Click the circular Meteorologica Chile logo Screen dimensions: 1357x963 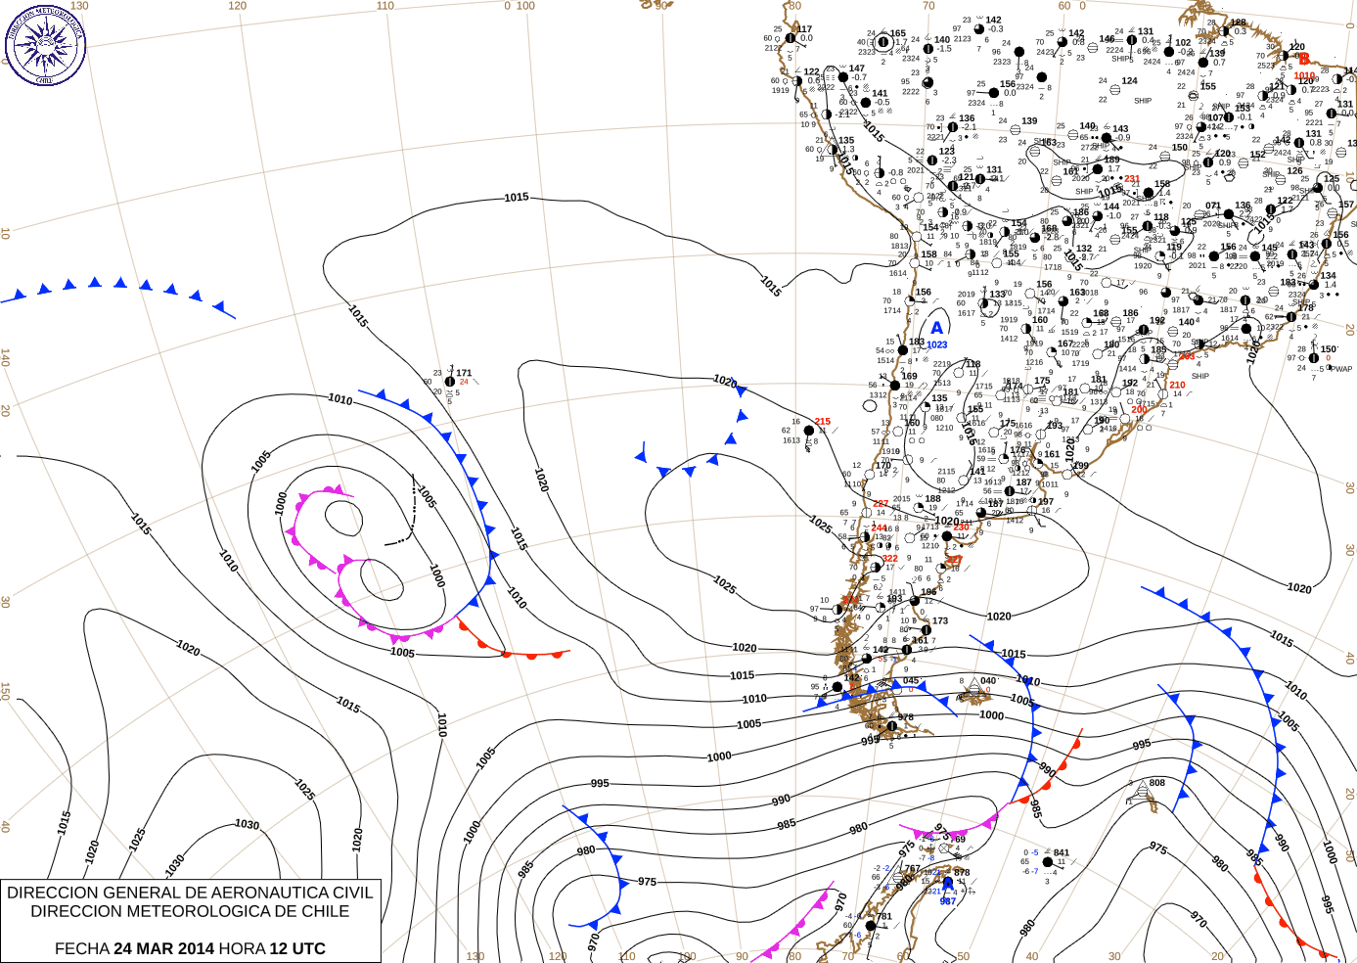pos(45,45)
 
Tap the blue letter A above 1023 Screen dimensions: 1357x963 pos(936,329)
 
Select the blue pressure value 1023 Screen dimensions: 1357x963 pos(937,344)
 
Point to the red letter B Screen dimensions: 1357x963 pos(1303,60)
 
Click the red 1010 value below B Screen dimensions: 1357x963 pos(1304,75)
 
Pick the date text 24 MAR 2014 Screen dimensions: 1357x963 pos(163,948)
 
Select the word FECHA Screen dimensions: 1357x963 pos(82,948)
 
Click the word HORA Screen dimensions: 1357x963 pos(242,948)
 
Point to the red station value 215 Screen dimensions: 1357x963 pos(823,422)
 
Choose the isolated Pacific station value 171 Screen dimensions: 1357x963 pos(464,373)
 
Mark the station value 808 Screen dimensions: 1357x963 pos(1157,783)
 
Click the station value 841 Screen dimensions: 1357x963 pos(1062,853)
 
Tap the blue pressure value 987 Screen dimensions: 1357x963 pos(947,901)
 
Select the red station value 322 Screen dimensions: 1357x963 pos(889,559)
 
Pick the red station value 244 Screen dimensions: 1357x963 pos(879,527)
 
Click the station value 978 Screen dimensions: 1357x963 pos(906,717)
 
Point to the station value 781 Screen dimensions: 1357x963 pos(884,917)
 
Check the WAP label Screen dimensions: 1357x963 pos(1342,369)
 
